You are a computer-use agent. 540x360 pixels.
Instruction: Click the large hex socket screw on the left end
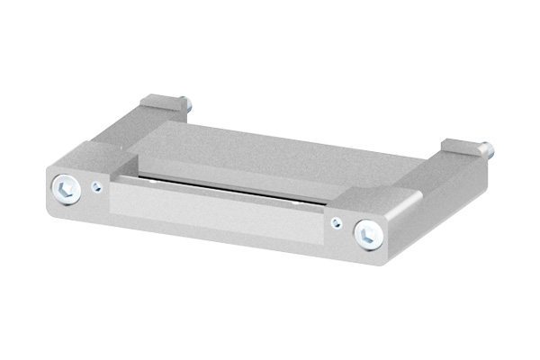[x=64, y=188]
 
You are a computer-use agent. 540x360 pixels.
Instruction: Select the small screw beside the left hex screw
[x=95, y=189]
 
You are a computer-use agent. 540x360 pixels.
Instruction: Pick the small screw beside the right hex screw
[x=336, y=224]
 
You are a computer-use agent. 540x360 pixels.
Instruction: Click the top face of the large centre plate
[x=270, y=153]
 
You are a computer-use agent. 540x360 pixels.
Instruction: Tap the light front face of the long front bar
[x=216, y=211]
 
